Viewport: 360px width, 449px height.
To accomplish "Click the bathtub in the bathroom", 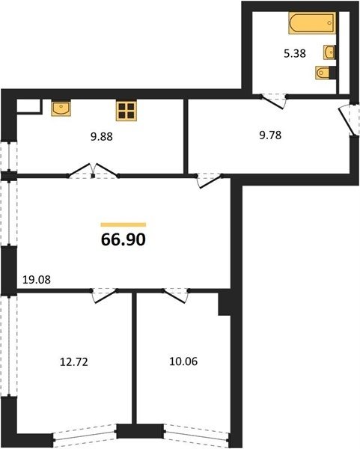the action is pos(312,23).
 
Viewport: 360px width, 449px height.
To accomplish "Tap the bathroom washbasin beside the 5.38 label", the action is pos(329,52).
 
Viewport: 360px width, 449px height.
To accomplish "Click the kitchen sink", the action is pos(61,108).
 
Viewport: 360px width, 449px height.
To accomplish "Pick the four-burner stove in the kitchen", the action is pos(126,111).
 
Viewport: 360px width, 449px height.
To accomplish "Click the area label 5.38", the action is pos(295,54).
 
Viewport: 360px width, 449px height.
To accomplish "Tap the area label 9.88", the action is pos(102,137).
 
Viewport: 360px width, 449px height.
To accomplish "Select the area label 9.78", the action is pos(270,135).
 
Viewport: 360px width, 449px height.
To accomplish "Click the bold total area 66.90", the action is pos(123,239).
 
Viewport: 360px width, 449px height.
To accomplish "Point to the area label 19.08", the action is pos(37,279).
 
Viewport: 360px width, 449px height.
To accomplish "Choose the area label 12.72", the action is pos(74,362).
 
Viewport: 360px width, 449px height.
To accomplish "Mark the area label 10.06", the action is pos(183,361).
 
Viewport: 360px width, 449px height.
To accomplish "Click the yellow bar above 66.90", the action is pos(123,224).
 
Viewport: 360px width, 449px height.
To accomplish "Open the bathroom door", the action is pos(274,101).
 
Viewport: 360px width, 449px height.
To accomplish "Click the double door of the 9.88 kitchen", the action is pos(93,171).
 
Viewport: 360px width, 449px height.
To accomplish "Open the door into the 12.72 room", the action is pos(104,296).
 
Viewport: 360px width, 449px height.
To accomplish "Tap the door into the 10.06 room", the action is pos(176,296).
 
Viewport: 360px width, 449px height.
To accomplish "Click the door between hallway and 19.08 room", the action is pos(209,180).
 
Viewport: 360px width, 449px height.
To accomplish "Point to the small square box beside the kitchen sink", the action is pos(29,106).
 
